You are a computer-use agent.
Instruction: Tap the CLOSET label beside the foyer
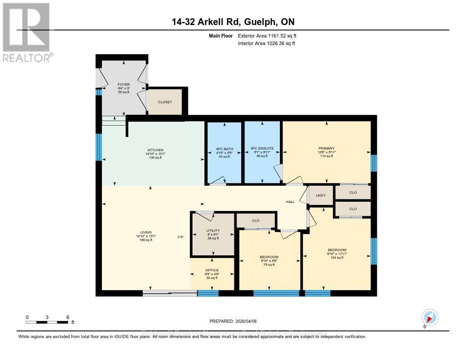[x=165, y=102]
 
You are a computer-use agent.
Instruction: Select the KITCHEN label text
[x=155, y=150]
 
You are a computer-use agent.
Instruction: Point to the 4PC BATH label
[x=224, y=148]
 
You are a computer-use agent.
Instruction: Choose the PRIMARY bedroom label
[x=326, y=148]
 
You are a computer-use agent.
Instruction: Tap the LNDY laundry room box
[x=321, y=195]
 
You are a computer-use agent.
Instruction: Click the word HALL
[x=290, y=202]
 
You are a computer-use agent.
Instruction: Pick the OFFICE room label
[x=212, y=270]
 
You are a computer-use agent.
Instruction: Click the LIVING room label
[x=146, y=232]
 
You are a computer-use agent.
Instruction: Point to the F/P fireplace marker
[x=181, y=237]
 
